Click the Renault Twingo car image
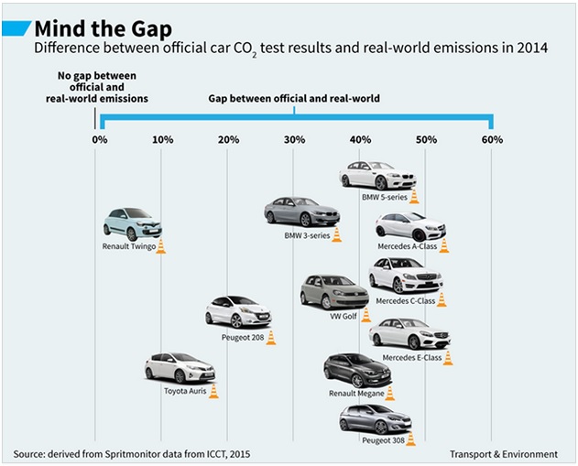coord(132,223)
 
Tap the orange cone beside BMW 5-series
coord(414,195)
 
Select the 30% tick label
coord(294,139)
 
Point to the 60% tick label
coord(492,139)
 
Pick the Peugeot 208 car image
coord(237,311)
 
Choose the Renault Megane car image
coord(356,370)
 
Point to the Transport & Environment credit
coord(504,453)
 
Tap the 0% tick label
coord(99,139)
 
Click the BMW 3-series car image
coord(300,211)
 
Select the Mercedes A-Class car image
coord(409,226)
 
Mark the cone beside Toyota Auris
coord(213,391)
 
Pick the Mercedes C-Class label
coord(405,300)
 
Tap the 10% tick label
coord(162,139)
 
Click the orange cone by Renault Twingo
coord(160,245)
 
